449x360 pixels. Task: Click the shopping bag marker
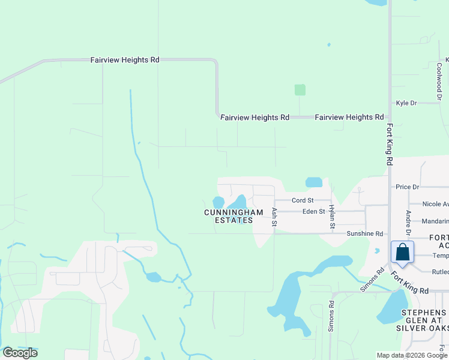coord(402,253)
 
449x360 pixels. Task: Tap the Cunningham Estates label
coord(234,217)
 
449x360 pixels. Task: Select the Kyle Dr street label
coord(406,103)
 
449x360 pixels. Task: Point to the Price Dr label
coord(407,187)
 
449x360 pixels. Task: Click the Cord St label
coord(303,200)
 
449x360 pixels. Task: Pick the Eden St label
coord(313,211)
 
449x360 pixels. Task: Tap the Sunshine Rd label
coord(365,233)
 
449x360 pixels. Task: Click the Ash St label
coord(274,217)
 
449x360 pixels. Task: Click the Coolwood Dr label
coord(439,81)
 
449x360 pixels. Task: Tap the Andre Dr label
coord(408,223)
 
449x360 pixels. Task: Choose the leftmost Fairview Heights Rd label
coord(125,60)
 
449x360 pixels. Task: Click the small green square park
coord(300,90)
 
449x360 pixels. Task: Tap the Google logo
coord(20,353)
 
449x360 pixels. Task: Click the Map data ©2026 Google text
coord(411,355)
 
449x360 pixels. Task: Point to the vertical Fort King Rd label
coord(390,145)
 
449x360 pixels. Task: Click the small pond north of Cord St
coord(313,182)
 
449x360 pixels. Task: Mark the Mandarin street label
coord(435,221)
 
